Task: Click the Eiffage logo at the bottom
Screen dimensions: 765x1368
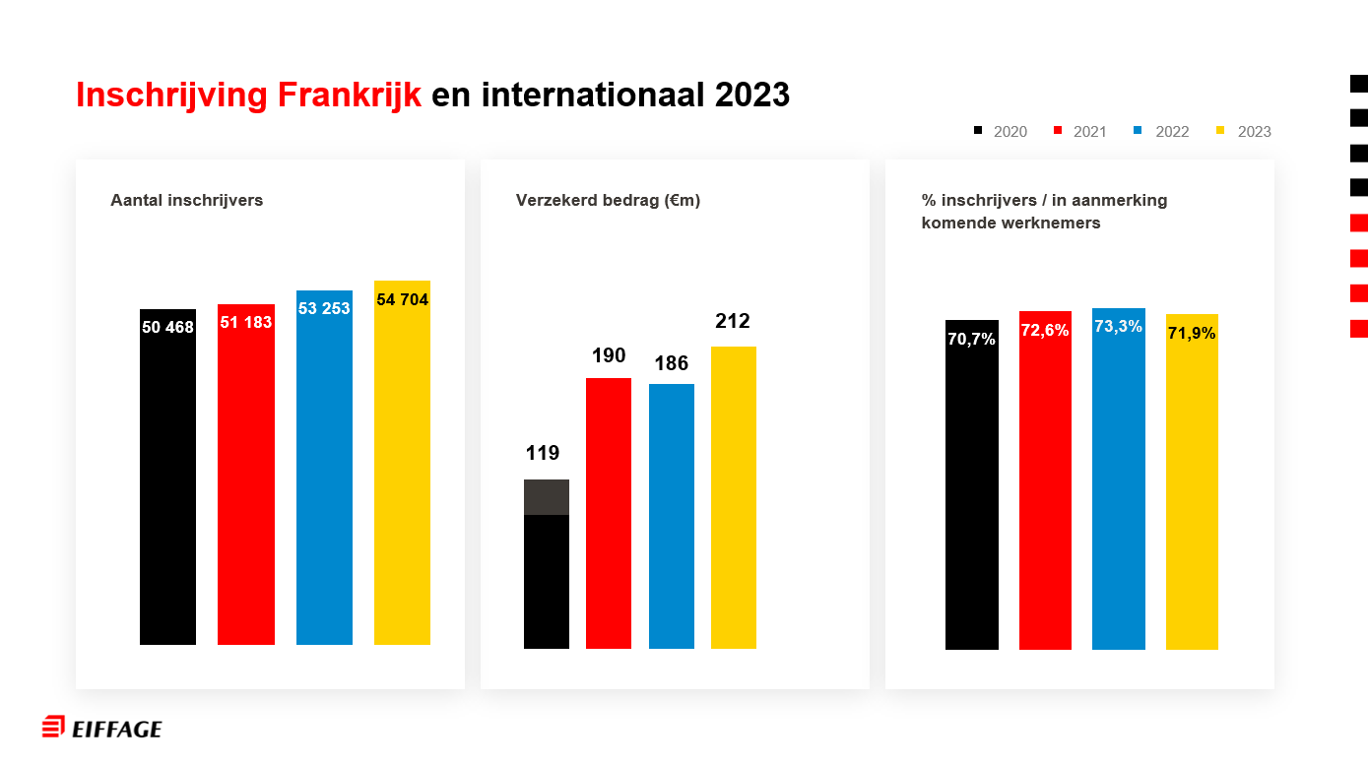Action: point(102,729)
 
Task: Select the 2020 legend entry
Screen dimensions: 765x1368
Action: point(1001,132)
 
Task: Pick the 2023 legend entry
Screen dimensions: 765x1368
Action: point(1244,132)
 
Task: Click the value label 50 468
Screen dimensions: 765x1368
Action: point(167,327)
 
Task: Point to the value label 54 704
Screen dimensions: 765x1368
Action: point(402,299)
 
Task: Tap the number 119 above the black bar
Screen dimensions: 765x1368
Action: point(543,453)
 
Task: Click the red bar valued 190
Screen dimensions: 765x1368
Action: point(609,512)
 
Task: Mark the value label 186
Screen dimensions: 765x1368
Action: point(672,363)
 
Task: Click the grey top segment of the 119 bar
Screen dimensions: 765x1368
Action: point(547,497)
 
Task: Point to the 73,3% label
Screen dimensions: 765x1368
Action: point(1119,326)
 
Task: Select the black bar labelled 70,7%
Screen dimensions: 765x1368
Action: point(972,492)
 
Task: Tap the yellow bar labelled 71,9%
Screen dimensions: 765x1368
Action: point(1192,492)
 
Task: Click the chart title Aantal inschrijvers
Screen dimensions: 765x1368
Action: point(187,200)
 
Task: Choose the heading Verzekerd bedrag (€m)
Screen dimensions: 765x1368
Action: point(608,200)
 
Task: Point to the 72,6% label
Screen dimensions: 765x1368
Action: point(1045,330)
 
